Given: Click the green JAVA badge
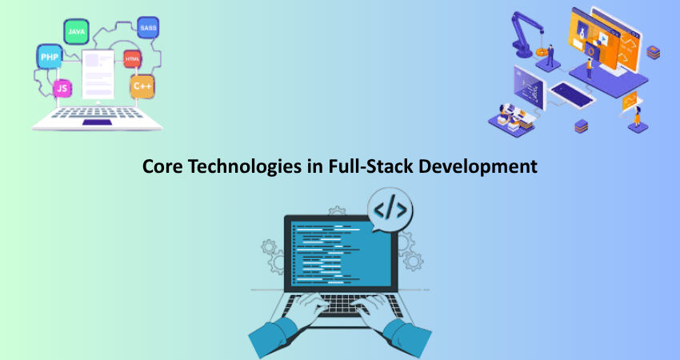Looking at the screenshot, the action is point(76,32).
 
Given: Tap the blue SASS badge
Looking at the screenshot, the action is point(148,28).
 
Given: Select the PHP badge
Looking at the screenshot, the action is point(50,57).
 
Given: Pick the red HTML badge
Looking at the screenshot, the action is point(132,59).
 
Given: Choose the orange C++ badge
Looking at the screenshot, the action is point(142,86).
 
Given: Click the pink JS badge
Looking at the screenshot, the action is point(62,89).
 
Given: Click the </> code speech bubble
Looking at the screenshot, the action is point(390,210).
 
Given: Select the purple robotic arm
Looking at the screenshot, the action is point(526,34).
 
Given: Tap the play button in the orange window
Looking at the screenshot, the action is point(604,40).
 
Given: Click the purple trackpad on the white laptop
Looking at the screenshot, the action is point(97,122).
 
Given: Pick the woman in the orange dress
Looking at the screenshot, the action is point(638,116).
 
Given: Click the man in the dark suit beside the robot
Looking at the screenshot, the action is point(550,55).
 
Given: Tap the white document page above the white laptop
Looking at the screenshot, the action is point(98,74).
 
